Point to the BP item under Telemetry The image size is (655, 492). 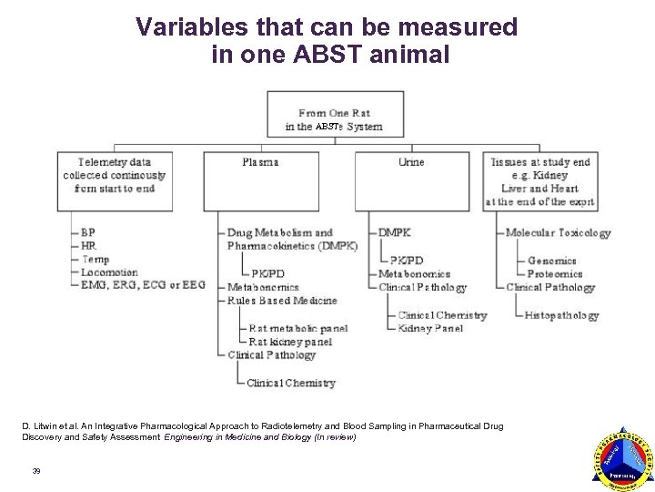click(x=87, y=232)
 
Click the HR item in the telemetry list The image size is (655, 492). click(x=88, y=246)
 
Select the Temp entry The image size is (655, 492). click(x=94, y=260)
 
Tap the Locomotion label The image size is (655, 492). click(x=108, y=272)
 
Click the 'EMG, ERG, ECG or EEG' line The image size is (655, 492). click(x=143, y=285)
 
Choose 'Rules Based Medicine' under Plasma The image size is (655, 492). click(x=282, y=301)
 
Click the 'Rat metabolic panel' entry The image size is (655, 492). click(x=297, y=328)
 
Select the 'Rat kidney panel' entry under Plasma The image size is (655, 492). click(x=290, y=342)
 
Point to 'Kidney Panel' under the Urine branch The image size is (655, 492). click(x=430, y=328)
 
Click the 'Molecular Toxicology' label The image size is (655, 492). click(x=558, y=233)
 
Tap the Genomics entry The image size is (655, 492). click(x=551, y=261)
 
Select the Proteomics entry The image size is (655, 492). click(x=555, y=273)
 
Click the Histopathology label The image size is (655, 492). click(x=561, y=315)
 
